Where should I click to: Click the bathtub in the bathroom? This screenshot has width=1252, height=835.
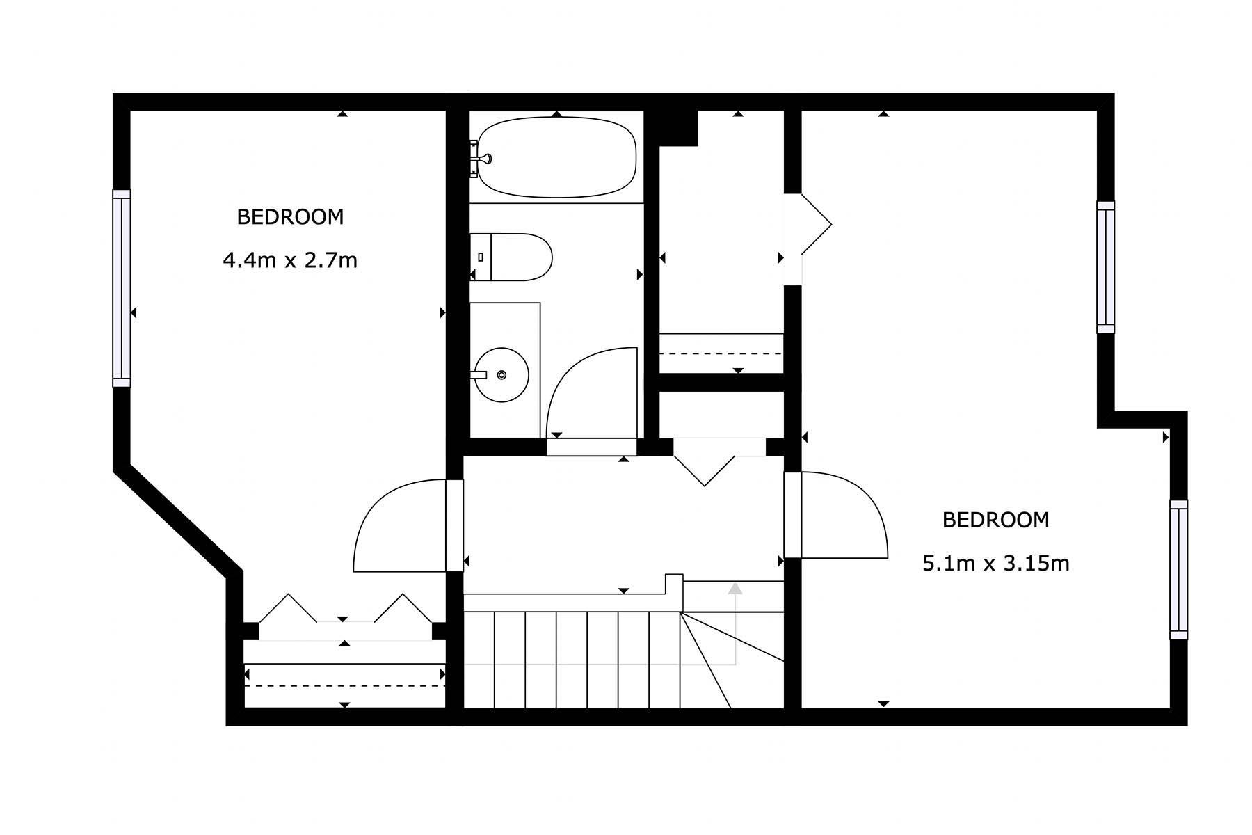click(x=556, y=157)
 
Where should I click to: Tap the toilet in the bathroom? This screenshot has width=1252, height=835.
click(x=511, y=257)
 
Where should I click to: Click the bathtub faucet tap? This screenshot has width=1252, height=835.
click(x=483, y=159)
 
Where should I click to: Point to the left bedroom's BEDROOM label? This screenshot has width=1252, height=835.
click(x=290, y=217)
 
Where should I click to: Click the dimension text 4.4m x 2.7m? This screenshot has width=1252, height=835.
click(x=290, y=261)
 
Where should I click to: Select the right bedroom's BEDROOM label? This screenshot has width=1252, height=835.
click(x=995, y=520)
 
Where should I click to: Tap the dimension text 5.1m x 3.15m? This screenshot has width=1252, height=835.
click(x=995, y=563)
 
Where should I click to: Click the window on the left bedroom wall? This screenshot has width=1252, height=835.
click(x=122, y=288)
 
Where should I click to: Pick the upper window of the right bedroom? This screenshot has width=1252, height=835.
click(x=1106, y=267)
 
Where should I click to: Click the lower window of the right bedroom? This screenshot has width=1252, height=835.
click(x=1179, y=569)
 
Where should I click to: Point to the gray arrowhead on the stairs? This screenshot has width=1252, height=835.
click(x=735, y=589)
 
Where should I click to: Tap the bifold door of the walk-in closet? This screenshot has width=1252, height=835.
click(x=817, y=224)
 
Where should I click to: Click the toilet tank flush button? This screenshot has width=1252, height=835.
click(x=481, y=257)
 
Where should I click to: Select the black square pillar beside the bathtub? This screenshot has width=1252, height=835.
click(x=678, y=128)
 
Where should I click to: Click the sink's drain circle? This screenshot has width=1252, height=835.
click(x=501, y=375)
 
